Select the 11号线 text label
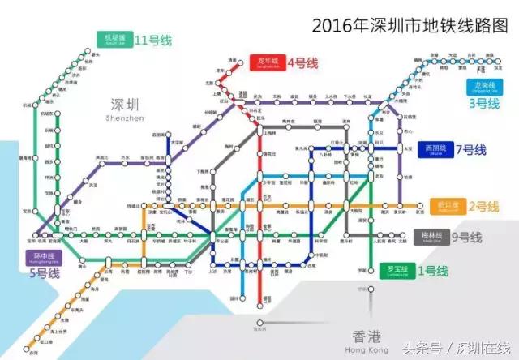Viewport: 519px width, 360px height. point(153,39)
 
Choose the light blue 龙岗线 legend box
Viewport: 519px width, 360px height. point(484,87)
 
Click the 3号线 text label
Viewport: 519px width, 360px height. point(485,104)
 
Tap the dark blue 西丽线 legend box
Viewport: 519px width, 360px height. point(434,149)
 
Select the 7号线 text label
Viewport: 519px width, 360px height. point(471,149)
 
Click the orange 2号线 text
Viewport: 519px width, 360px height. point(483,205)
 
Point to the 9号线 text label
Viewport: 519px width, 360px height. point(466,237)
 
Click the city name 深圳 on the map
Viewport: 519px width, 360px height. point(124,105)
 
